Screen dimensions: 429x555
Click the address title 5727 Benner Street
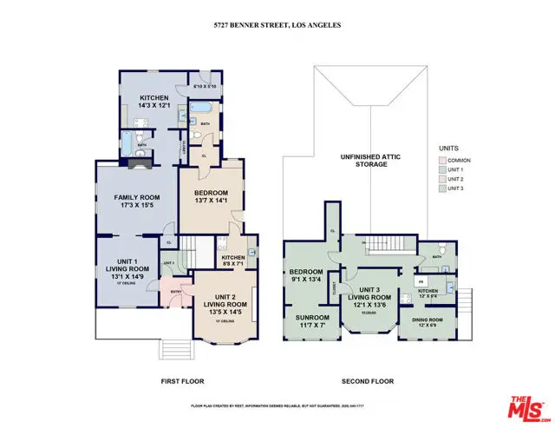click(x=277, y=25)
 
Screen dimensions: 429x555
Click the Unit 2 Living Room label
click(x=225, y=305)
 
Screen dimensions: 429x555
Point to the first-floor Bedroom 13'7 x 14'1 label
click(x=211, y=197)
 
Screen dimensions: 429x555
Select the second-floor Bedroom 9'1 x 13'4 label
click(x=307, y=275)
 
